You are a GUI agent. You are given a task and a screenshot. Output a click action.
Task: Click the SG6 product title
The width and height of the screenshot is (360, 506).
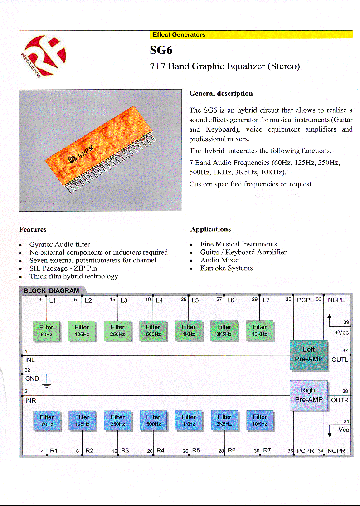click(161, 50)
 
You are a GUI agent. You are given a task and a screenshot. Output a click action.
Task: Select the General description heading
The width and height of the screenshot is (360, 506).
click(221, 93)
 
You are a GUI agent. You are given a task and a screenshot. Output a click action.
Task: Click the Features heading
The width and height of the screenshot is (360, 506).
click(33, 230)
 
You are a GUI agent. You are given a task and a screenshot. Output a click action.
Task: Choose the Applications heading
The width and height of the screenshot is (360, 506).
click(210, 229)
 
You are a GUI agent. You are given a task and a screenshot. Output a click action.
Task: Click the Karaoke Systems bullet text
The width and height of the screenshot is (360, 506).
click(226, 268)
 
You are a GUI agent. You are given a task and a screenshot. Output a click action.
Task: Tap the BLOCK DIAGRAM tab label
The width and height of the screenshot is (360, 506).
click(52, 290)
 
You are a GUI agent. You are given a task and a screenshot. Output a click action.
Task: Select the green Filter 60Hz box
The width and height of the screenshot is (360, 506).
click(46, 330)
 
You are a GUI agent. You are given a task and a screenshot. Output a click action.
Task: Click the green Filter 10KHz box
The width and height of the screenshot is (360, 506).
click(260, 330)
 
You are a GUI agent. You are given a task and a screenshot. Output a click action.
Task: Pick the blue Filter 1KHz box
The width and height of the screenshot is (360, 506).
click(189, 420)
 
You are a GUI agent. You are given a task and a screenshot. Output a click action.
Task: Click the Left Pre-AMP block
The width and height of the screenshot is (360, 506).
click(309, 354)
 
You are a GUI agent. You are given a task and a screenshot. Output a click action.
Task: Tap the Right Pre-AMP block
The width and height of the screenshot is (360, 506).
click(309, 395)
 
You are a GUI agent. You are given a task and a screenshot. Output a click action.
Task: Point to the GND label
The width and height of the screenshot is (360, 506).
click(32, 379)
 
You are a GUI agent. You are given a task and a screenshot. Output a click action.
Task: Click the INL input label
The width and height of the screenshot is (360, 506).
click(30, 359)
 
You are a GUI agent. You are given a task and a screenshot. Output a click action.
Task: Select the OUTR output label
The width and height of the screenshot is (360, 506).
click(340, 400)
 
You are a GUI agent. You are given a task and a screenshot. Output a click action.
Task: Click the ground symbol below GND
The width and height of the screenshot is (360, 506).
click(46, 385)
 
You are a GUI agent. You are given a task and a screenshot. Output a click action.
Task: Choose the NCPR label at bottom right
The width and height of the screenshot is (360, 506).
click(336, 451)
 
